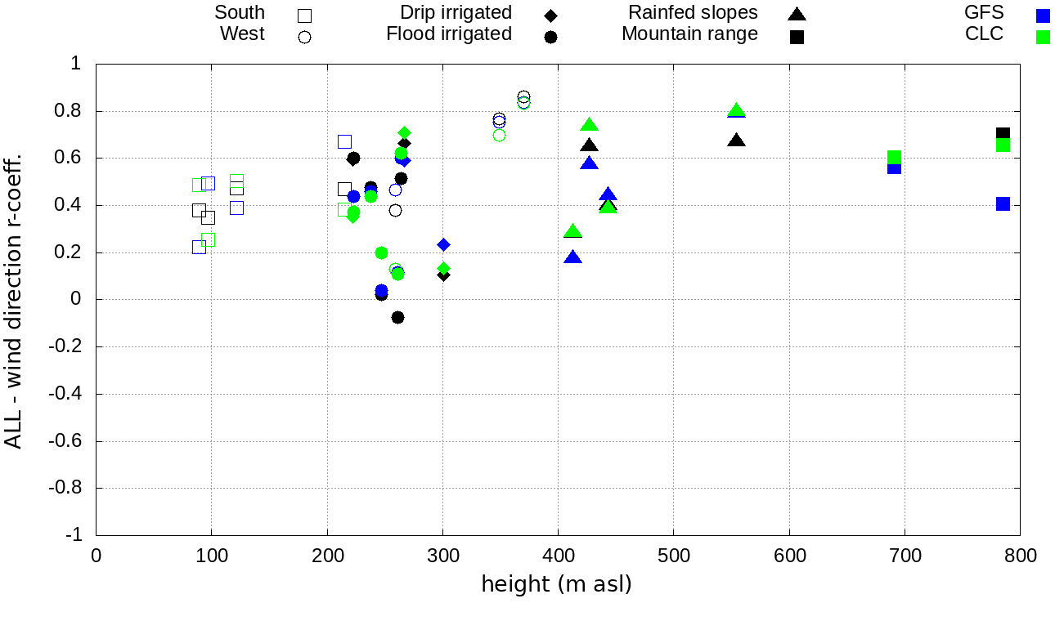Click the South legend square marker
(x=305, y=15)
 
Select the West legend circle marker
(x=305, y=37)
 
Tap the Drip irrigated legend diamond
(x=551, y=15)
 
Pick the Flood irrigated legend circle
(x=551, y=37)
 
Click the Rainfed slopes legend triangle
(x=797, y=14)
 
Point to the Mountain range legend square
(x=797, y=37)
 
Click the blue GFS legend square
(x=1043, y=15)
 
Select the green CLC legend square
(x=1043, y=37)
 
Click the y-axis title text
(x=14, y=299)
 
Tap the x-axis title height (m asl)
(x=556, y=584)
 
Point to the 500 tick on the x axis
(x=673, y=556)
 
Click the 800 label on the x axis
(x=1020, y=556)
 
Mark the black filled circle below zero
(x=397, y=317)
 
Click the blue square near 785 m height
(x=1003, y=203)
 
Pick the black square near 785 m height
(x=1003, y=132)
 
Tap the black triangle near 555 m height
(x=737, y=141)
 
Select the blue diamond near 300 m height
(x=443, y=244)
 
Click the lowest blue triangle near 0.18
(x=573, y=257)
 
